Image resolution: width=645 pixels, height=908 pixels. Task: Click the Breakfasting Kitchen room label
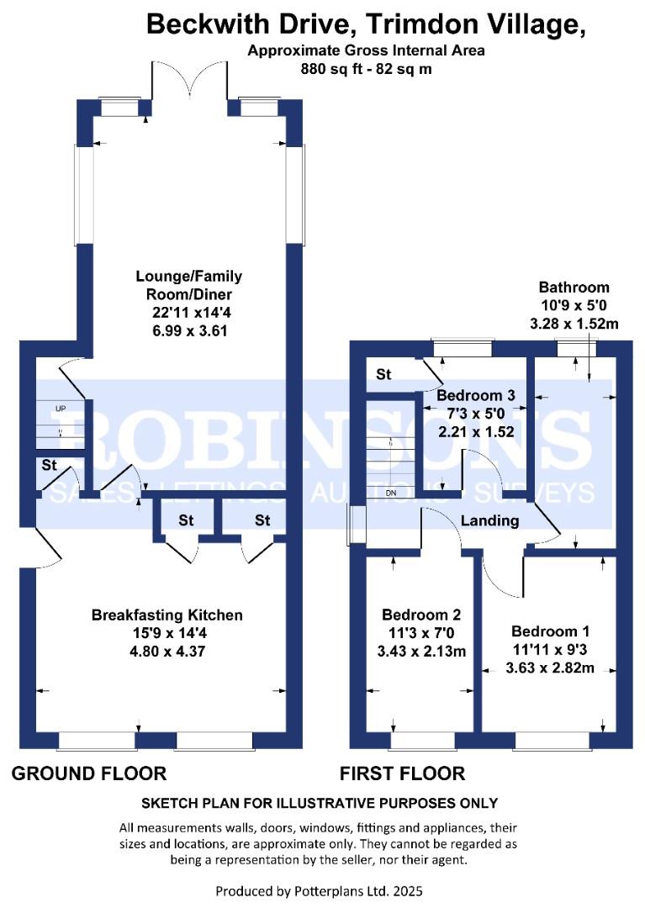pos(167,615)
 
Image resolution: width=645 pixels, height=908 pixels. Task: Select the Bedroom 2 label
pos(420,615)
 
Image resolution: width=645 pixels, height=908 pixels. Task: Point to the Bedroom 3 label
pos(475,395)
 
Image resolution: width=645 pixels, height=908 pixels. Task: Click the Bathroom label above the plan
pos(574,287)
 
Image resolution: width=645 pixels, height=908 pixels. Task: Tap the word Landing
pos(490,520)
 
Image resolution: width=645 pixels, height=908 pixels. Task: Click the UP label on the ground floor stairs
pos(60,409)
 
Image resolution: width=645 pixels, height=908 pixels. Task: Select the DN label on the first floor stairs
pos(390,493)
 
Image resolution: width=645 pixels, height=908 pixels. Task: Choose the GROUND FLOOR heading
pos(89,773)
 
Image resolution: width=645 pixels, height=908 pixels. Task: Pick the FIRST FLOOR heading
pos(402,773)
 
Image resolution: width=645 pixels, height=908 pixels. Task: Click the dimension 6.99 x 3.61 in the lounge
pos(183,331)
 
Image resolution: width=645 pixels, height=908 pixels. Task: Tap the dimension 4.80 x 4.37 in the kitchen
pos(167,651)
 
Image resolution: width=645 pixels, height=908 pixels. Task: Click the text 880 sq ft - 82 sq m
pos(366,70)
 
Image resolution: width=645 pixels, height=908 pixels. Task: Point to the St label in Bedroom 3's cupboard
pos(384,375)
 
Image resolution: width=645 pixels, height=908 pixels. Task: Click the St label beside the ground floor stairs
pos(49,465)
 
